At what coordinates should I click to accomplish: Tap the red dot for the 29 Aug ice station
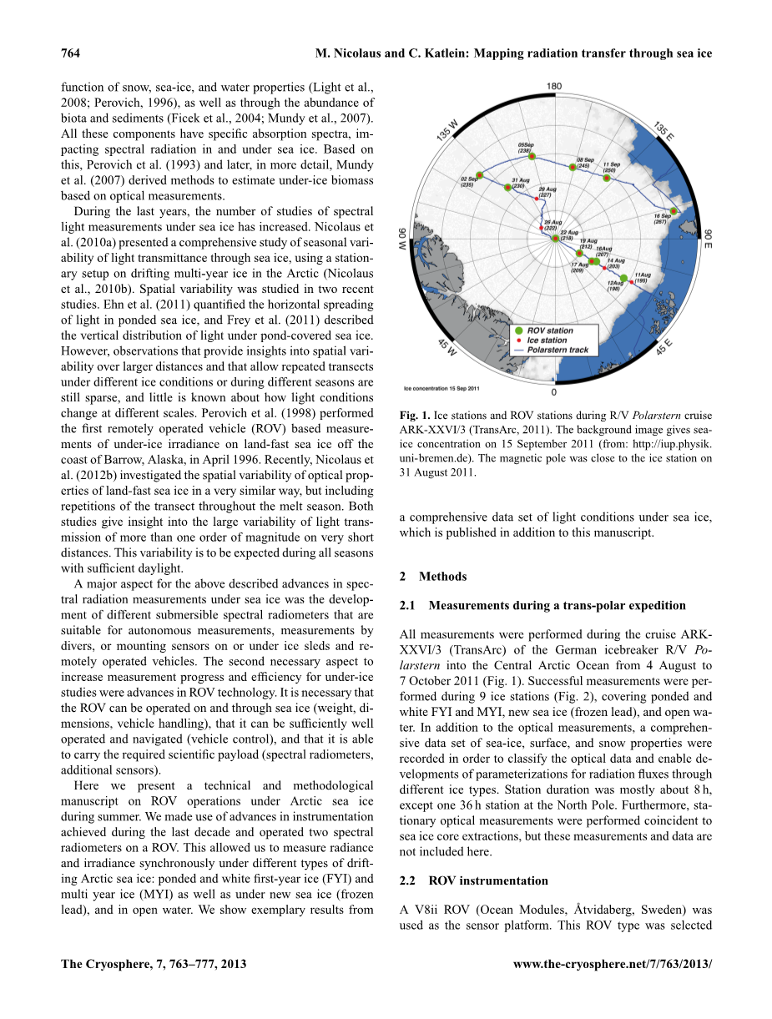click(537, 198)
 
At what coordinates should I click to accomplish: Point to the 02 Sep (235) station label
click(468, 181)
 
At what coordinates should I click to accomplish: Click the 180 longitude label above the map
click(553, 87)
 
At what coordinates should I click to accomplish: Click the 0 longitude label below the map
click(554, 391)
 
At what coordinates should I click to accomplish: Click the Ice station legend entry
click(547, 341)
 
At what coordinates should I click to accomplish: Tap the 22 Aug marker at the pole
click(556, 238)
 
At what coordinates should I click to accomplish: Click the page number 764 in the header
click(70, 53)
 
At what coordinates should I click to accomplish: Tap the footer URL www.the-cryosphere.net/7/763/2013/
click(613, 963)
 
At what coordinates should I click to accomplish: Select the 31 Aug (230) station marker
click(507, 188)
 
